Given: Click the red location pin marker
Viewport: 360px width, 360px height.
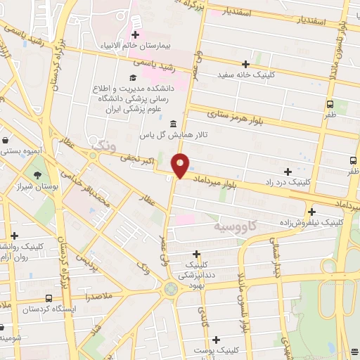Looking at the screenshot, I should tap(181, 165).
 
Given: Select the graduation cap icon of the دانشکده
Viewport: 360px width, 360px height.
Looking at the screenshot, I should tap(131, 77).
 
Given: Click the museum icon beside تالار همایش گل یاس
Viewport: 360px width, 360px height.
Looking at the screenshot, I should tap(173, 124).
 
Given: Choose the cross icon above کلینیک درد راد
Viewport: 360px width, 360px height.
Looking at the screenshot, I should tap(288, 171).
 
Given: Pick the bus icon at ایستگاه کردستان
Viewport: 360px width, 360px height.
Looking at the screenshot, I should tap(48, 298).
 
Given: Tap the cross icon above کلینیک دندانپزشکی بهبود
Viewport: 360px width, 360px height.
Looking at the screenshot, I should tap(197, 254).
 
